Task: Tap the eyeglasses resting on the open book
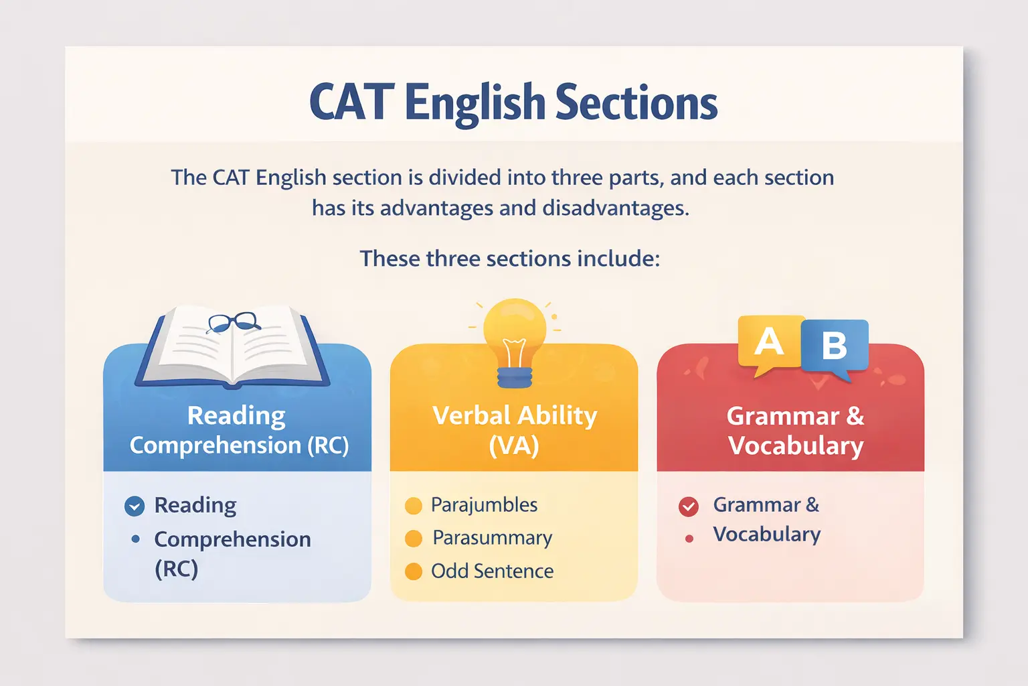[x=233, y=322]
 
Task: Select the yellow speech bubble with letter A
[x=770, y=343]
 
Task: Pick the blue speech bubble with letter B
[x=834, y=346]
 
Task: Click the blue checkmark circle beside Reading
[x=135, y=506]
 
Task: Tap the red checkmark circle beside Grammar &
[x=689, y=506]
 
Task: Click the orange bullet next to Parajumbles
[x=414, y=506]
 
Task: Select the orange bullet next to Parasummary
[x=414, y=539]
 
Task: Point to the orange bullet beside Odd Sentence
[x=414, y=571]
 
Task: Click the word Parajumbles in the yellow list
[x=484, y=505]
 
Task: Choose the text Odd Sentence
[x=492, y=571]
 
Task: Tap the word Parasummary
[x=492, y=538]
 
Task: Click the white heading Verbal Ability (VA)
[x=514, y=430]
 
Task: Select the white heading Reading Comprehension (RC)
[x=239, y=430]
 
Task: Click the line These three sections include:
[x=510, y=259]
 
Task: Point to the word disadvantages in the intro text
[x=614, y=208]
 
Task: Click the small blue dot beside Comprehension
[x=136, y=539]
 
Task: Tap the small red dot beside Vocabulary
[x=689, y=539]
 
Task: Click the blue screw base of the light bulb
[x=515, y=377]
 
